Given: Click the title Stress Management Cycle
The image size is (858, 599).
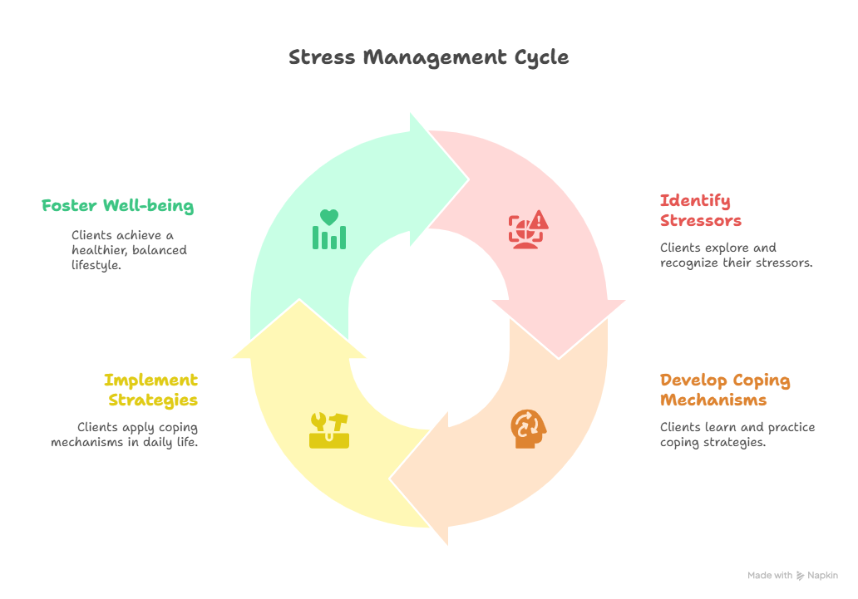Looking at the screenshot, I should tap(428, 57).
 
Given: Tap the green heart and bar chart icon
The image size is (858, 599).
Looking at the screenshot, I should tap(329, 229).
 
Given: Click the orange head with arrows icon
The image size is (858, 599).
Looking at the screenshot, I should tap(529, 429).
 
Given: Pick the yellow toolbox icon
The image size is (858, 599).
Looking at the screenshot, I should tap(328, 430).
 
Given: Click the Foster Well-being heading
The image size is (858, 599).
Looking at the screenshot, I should tap(117, 205).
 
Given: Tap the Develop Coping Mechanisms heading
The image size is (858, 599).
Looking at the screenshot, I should tap(725, 390).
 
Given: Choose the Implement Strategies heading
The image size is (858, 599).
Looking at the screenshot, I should tap(151, 390).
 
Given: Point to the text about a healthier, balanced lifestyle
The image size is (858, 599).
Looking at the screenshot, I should tap(129, 250).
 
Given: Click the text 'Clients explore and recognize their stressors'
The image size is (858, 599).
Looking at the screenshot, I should tap(736, 255).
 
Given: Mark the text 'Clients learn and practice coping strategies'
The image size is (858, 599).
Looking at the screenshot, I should tap(737, 435).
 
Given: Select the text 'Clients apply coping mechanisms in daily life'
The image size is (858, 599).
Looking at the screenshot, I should tap(124, 435).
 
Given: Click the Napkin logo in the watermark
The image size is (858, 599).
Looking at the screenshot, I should tap(801, 576).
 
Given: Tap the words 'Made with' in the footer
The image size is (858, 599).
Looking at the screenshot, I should tap(769, 576).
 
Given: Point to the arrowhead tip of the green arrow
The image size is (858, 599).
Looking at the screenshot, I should tap(467, 178).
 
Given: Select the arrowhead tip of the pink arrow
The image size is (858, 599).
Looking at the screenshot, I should tap(559, 356).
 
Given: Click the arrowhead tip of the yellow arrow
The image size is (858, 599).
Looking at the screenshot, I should tap(298, 302).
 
